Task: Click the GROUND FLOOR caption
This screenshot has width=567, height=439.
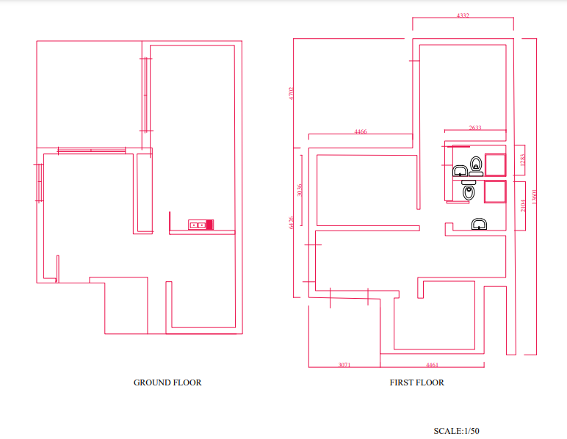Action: point(167,382)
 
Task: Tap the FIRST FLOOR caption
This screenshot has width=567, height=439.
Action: point(416,382)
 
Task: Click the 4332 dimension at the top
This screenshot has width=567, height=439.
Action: point(463,15)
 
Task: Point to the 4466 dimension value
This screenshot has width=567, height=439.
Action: point(360,131)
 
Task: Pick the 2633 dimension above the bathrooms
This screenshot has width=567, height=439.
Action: point(475,128)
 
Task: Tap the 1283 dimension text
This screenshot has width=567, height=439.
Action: point(522,159)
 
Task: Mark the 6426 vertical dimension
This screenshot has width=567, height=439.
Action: point(292,222)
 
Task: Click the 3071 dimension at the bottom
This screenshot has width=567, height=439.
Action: point(344,364)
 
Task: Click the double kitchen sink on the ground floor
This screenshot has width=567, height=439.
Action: point(197,224)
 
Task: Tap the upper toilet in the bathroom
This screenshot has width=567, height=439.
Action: point(476,164)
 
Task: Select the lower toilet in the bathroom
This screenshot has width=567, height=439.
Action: point(469,193)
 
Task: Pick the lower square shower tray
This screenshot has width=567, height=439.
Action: point(494,192)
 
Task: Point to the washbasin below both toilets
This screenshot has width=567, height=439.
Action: point(479,224)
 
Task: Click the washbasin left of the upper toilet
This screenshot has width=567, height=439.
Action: point(461,172)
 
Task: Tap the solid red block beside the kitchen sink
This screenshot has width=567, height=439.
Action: point(209,224)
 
